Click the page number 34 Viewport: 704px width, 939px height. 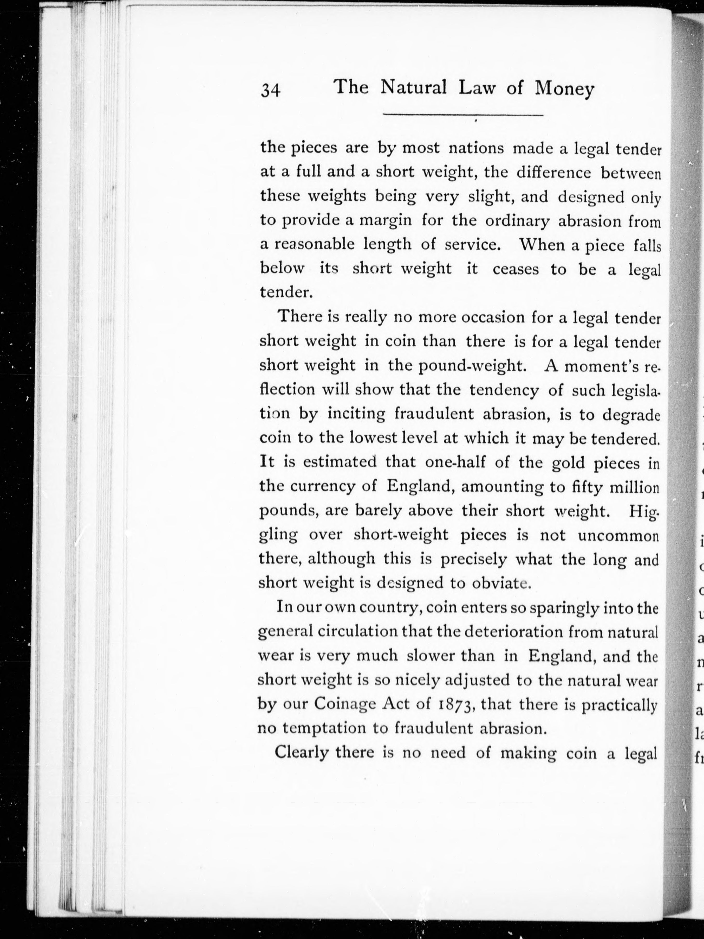click(x=271, y=90)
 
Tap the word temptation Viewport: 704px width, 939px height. click(x=324, y=728)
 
